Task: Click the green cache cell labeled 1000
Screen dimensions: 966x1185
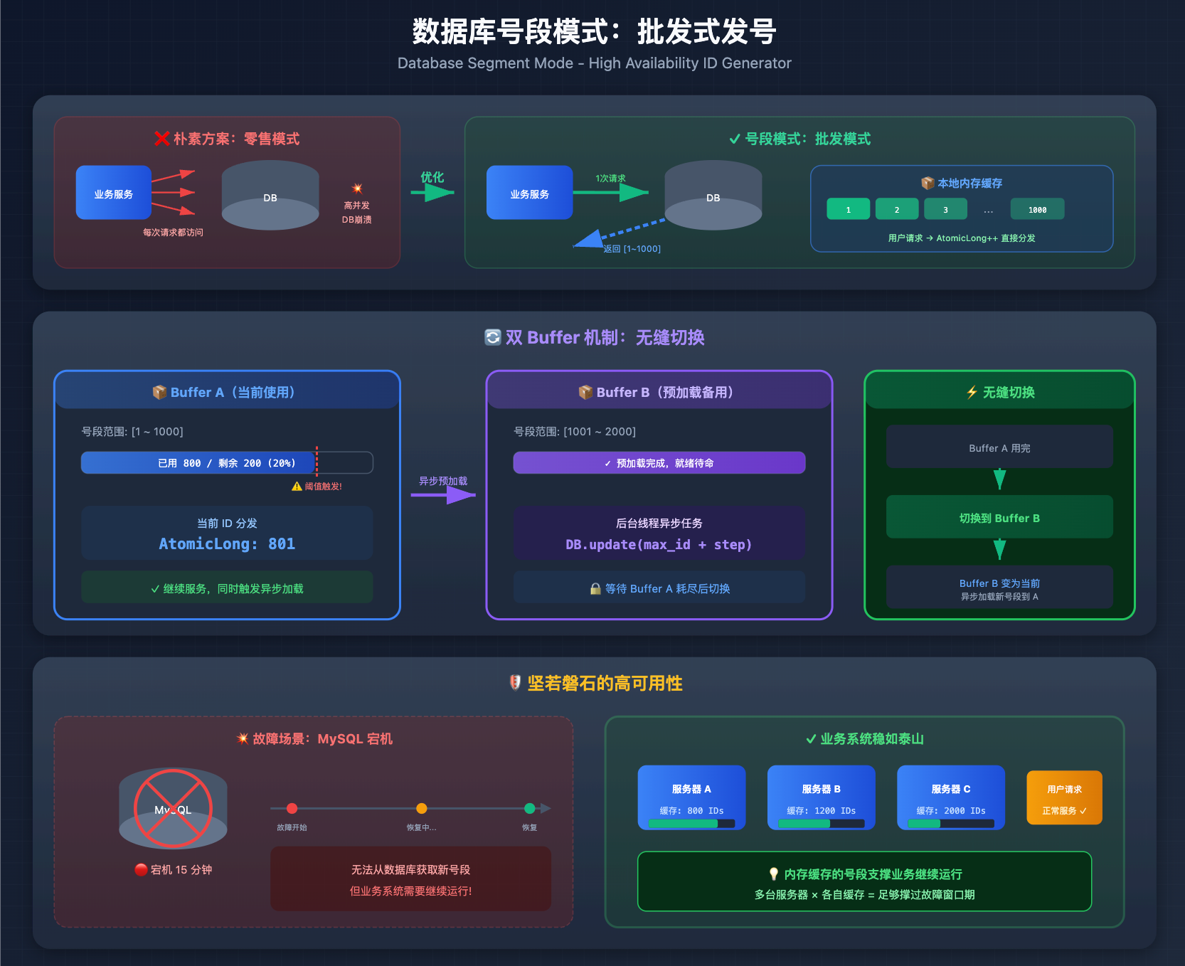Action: (x=1037, y=209)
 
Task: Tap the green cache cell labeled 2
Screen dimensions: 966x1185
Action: (x=897, y=209)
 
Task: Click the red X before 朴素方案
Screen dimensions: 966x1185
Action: (x=161, y=139)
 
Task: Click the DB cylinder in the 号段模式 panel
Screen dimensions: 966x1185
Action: (x=713, y=196)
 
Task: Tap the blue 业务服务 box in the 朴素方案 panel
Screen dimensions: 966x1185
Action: (x=114, y=193)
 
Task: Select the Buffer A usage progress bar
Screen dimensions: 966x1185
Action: (x=227, y=463)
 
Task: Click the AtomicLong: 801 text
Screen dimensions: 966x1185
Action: (x=227, y=544)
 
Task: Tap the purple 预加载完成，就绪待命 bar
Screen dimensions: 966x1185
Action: (x=659, y=463)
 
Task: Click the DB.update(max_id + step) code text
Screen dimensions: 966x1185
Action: (x=659, y=545)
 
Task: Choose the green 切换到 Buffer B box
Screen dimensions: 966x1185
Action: (x=999, y=517)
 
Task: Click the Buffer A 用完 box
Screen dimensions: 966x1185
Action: (x=999, y=447)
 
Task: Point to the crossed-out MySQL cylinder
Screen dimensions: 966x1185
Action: (x=173, y=808)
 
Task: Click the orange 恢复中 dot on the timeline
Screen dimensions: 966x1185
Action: (x=422, y=808)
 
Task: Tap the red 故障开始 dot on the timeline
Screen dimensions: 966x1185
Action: (x=292, y=808)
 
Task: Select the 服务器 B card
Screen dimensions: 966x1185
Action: (x=821, y=797)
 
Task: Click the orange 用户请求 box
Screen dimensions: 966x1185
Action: (x=1064, y=798)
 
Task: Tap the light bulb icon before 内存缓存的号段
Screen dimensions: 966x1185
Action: (x=774, y=874)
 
